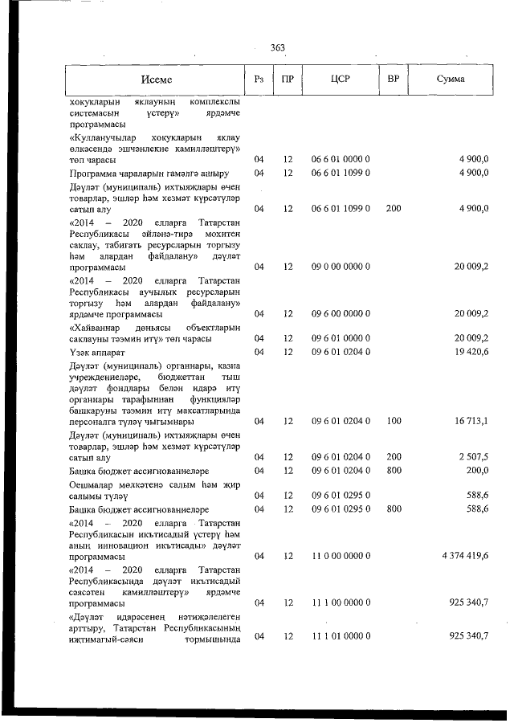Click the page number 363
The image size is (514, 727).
pyautogui.click(x=278, y=47)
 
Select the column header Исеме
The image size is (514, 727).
pyautogui.click(x=156, y=80)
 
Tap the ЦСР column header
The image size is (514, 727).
pyautogui.click(x=340, y=80)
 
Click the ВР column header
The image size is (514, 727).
pyautogui.click(x=394, y=80)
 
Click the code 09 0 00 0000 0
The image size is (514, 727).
pyautogui.click(x=340, y=265)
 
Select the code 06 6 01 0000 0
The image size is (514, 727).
pyautogui.click(x=340, y=160)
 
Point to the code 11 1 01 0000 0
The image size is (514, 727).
pyautogui.click(x=340, y=636)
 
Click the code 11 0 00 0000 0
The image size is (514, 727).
pyautogui.click(x=340, y=555)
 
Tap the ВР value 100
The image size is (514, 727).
pyautogui.click(x=394, y=420)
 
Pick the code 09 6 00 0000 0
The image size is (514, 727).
pyautogui.click(x=340, y=313)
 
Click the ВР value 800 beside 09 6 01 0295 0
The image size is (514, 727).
pyautogui.click(x=394, y=508)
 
